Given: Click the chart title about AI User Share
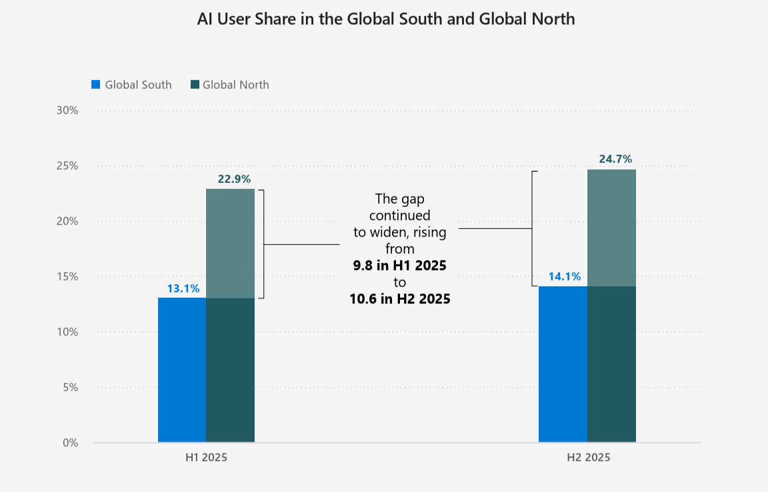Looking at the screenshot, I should pyautogui.click(x=385, y=19).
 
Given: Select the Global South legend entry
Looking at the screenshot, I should pyautogui.click(x=131, y=85).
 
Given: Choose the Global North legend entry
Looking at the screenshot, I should pyautogui.click(x=229, y=85).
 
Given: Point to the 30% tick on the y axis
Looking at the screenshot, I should pyautogui.click(x=67, y=110).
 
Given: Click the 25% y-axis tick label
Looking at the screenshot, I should pyautogui.click(x=67, y=166).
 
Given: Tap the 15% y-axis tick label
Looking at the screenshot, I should pyautogui.click(x=67, y=276).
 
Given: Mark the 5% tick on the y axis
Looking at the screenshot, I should pyautogui.click(x=70, y=387).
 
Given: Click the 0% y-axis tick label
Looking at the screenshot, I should pyautogui.click(x=70, y=443).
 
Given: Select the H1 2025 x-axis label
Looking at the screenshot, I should pyautogui.click(x=207, y=458).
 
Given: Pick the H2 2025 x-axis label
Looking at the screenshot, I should pyautogui.click(x=588, y=458).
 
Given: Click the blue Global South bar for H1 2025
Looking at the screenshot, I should pyautogui.click(x=182, y=370).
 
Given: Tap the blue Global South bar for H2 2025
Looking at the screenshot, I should pyautogui.click(x=563, y=364).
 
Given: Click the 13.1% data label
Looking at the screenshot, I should pyautogui.click(x=183, y=288).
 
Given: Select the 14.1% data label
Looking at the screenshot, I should pyautogui.click(x=564, y=276).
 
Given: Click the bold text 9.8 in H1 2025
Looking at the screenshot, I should pyautogui.click(x=399, y=266).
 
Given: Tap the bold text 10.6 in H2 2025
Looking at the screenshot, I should pyautogui.click(x=399, y=299).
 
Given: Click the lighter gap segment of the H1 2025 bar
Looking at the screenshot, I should pyautogui.click(x=231, y=243).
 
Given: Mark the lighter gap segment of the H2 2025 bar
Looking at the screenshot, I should pyautogui.click(x=611, y=228).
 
